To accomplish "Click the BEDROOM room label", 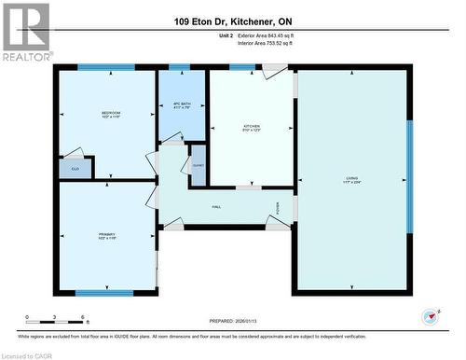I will click(111, 115).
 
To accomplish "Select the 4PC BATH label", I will click(181, 106).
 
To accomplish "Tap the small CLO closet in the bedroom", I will click(75, 169).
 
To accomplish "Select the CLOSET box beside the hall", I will click(198, 164).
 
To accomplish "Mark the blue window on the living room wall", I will click(408, 177).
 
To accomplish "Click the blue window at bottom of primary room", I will click(103, 293).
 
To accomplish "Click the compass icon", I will click(432, 315).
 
